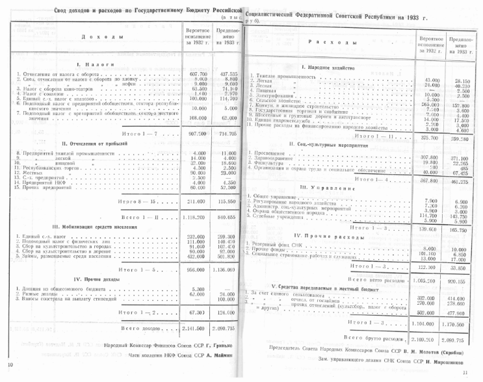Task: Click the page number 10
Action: pyautogui.click(x=9, y=366)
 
